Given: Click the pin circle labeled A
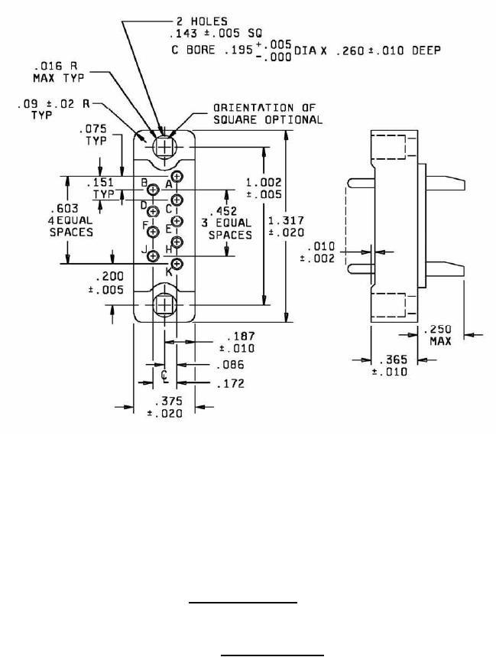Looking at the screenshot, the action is click(177, 177).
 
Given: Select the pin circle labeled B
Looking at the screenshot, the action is click(153, 190).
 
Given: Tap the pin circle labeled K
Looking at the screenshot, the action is click(177, 264).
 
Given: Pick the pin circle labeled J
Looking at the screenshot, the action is click(153, 255).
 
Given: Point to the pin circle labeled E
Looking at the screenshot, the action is click(177, 220).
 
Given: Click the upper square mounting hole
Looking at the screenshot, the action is click(165, 147).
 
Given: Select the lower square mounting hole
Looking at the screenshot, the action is click(165, 304).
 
